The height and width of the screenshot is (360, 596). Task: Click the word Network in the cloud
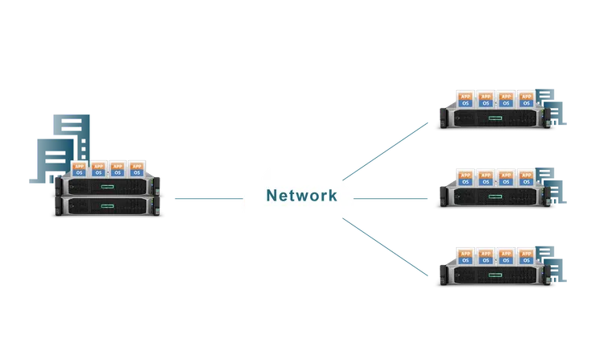[x=301, y=195]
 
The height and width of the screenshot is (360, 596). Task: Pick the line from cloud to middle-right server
[x=391, y=196]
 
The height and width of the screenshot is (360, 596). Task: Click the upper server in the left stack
[x=109, y=187]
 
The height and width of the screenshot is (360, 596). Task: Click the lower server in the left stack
[x=109, y=208]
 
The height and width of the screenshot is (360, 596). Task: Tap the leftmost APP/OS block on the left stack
[x=80, y=168]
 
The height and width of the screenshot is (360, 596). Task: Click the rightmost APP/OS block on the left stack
[x=137, y=168]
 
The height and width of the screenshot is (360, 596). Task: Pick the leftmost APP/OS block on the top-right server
[x=465, y=99]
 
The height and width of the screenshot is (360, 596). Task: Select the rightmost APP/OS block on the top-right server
[x=527, y=99]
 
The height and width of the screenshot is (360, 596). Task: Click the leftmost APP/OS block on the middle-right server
[x=465, y=176]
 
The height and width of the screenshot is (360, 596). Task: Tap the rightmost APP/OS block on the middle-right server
[x=527, y=176]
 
